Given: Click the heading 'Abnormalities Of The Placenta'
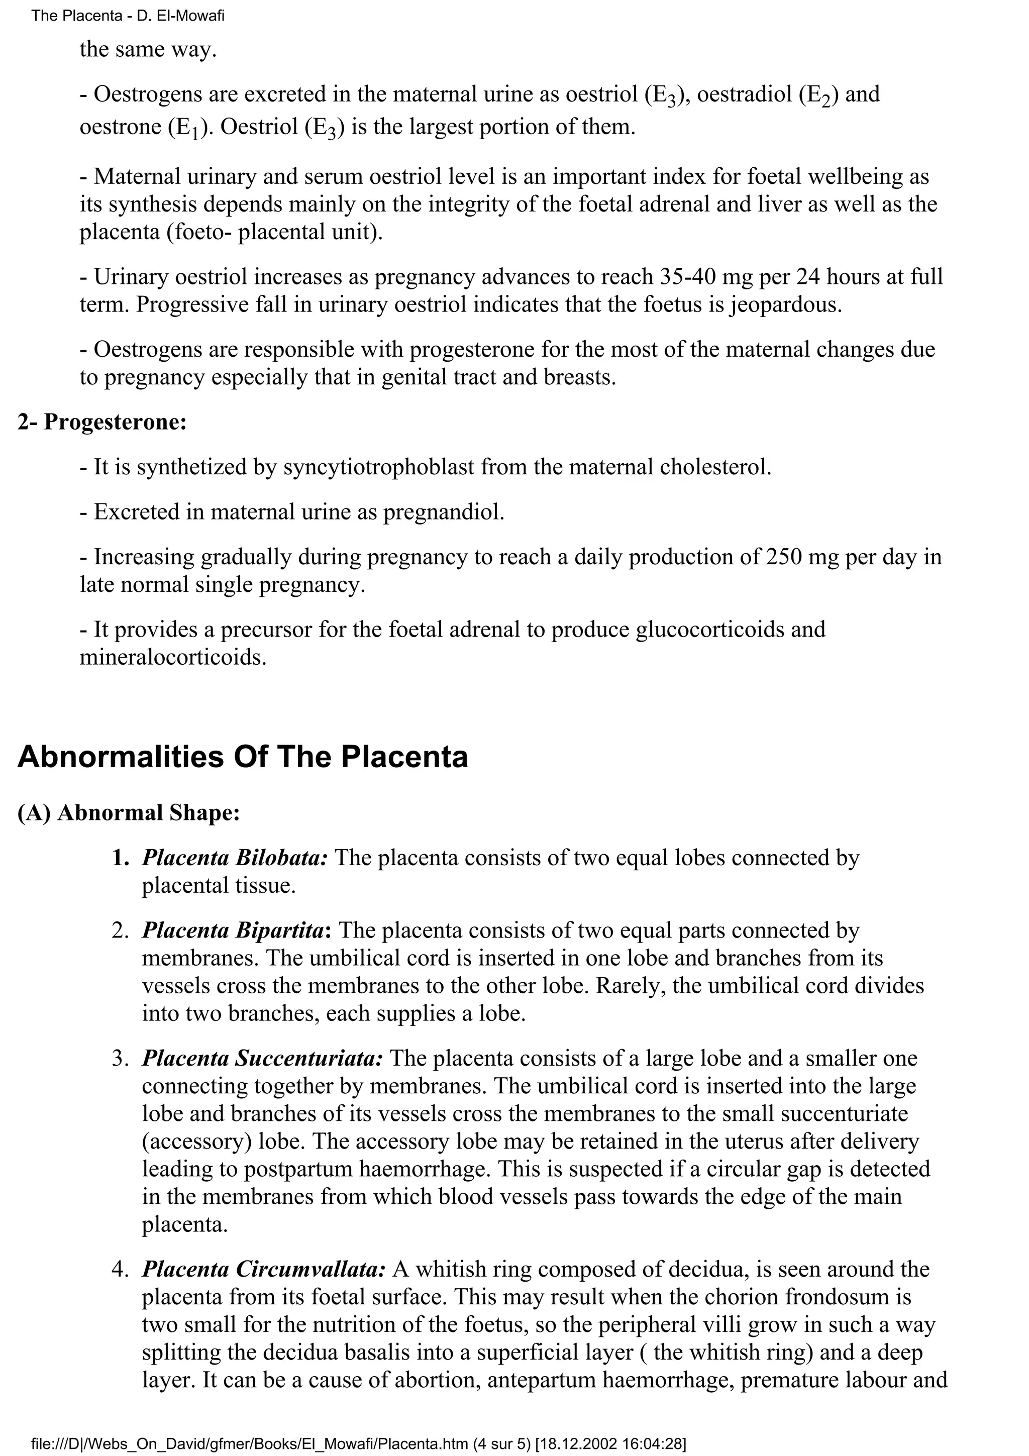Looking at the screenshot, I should tap(242, 757).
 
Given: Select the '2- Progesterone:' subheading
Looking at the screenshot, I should tap(102, 422).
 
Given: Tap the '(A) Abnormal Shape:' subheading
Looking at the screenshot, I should tap(129, 812).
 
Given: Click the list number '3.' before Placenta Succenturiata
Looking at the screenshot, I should tap(121, 1059).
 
